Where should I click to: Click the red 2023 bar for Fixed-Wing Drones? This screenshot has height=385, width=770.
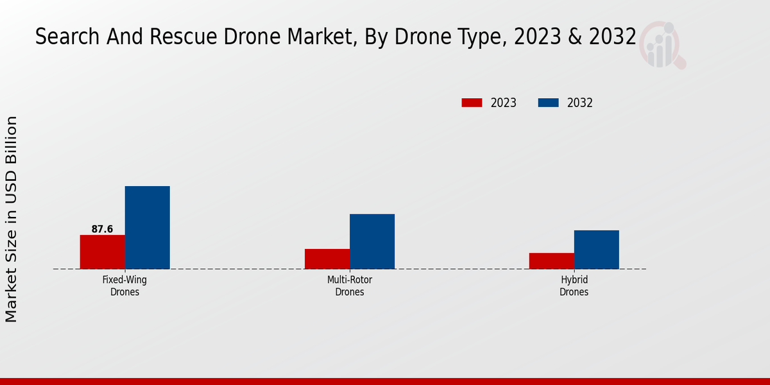click(x=102, y=252)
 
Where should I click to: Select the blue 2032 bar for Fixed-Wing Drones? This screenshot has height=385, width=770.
click(x=147, y=227)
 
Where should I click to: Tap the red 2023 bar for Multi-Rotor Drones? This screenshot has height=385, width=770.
click(x=327, y=259)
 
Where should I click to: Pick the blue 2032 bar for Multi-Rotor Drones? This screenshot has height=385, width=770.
click(x=372, y=241)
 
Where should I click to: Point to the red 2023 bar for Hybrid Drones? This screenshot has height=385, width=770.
click(x=552, y=261)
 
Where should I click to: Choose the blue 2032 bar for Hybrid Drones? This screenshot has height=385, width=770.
click(x=597, y=249)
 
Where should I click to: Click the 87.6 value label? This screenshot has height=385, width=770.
click(x=102, y=229)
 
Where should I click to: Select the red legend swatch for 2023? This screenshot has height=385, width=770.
click(x=472, y=103)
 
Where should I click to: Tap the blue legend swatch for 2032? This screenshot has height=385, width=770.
click(x=548, y=103)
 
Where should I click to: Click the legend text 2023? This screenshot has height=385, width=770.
click(x=504, y=103)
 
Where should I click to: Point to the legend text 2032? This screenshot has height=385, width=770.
click(x=580, y=103)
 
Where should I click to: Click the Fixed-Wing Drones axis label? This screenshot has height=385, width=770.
click(x=124, y=286)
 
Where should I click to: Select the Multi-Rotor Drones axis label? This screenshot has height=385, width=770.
click(x=350, y=286)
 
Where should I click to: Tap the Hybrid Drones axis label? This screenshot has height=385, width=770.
click(x=574, y=286)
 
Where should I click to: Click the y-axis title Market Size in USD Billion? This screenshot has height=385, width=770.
click(x=12, y=219)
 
